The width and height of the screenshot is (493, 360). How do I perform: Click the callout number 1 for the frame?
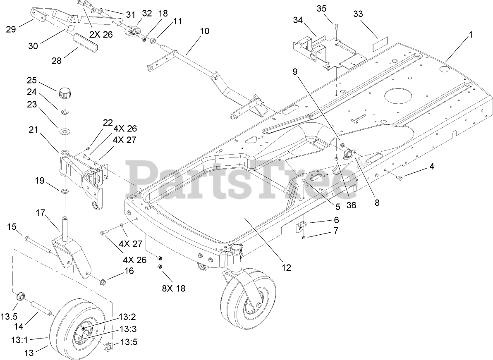[x=470, y=36]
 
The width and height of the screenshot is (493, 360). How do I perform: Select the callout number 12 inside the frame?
[x=287, y=267]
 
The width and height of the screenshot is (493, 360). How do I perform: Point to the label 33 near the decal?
[x=358, y=14]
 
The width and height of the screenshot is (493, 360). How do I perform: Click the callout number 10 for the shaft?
[x=204, y=31]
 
